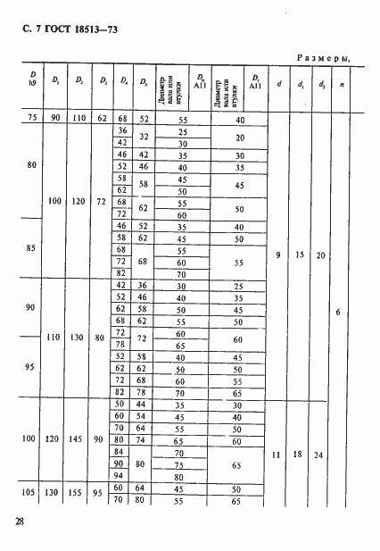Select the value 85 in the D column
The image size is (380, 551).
33,248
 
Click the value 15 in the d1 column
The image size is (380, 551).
300,256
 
